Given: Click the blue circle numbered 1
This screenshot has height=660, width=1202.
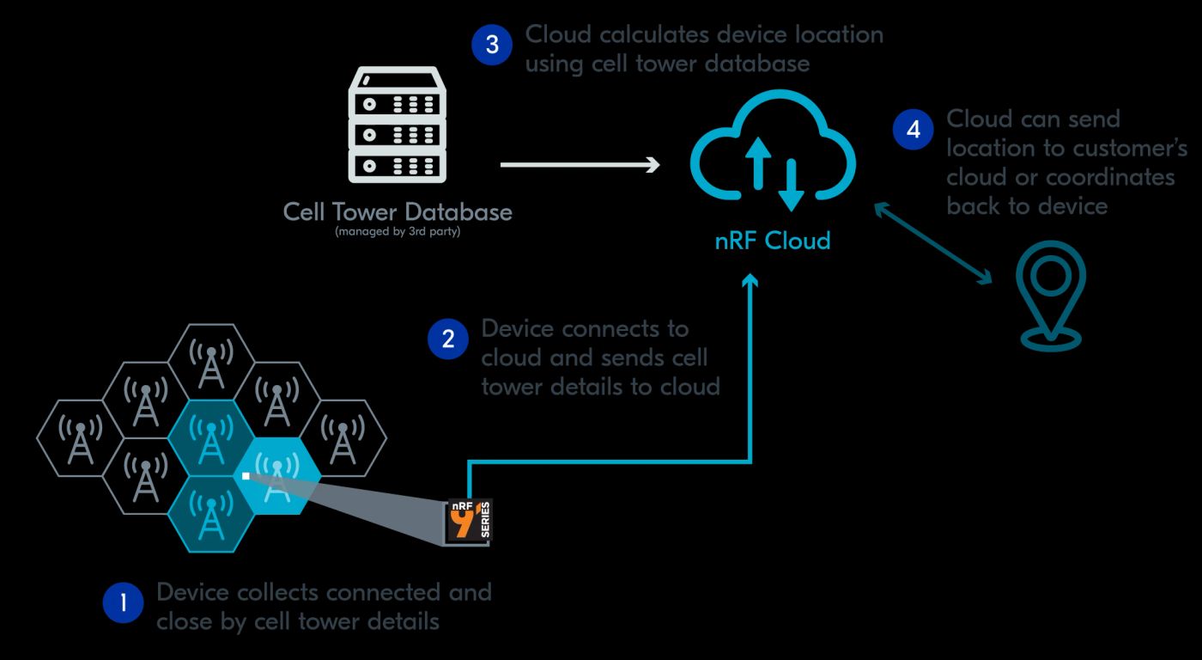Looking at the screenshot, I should [x=124, y=603].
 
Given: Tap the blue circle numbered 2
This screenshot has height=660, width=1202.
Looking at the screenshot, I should [x=447, y=339].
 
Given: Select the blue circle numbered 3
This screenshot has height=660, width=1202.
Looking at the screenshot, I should [x=492, y=45].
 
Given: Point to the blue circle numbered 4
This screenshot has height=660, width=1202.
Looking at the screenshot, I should [x=913, y=130].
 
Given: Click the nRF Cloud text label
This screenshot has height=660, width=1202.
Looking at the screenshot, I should [x=773, y=241].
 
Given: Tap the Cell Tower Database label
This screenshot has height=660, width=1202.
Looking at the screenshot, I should [x=398, y=211].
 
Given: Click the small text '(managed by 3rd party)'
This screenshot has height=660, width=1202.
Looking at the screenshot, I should [x=398, y=231].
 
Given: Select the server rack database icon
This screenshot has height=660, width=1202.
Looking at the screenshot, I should [x=398, y=126].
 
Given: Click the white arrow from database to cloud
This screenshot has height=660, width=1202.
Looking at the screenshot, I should [x=580, y=163].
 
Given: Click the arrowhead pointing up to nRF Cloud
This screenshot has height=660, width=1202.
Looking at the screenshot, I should [x=751, y=282].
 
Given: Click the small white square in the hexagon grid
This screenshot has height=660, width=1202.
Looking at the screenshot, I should [x=246, y=475].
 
